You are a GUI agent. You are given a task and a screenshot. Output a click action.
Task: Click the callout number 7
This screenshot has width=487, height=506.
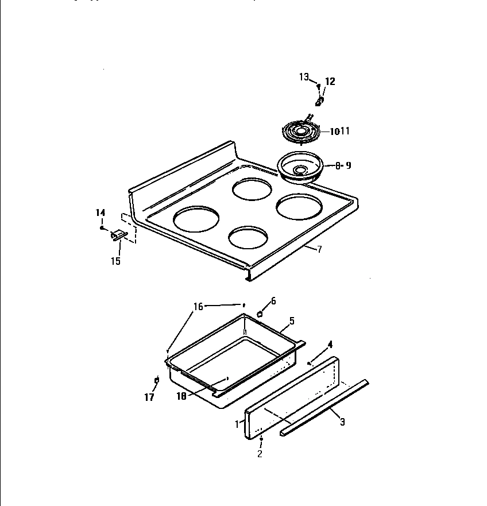[x=320, y=249]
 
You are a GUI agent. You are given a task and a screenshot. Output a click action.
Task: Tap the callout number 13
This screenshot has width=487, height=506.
[x=304, y=77]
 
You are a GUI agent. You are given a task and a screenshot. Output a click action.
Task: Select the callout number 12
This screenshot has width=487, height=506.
[x=330, y=82]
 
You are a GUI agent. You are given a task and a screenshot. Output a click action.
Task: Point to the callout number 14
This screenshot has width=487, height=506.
[x=101, y=213]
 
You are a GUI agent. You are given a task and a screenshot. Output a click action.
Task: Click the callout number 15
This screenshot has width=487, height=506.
[x=115, y=261]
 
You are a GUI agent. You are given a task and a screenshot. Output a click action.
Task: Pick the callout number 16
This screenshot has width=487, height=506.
[x=198, y=307]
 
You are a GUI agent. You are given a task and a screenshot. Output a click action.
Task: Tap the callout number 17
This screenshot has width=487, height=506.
[x=149, y=397]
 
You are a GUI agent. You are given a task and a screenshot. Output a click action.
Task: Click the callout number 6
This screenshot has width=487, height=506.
[x=273, y=300]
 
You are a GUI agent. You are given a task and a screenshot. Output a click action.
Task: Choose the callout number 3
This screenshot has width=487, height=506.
[x=342, y=423]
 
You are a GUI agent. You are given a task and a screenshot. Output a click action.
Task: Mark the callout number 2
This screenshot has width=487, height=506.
[x=260, y=454]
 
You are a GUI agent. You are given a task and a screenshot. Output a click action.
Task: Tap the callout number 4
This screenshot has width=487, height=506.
[x=330, y=345]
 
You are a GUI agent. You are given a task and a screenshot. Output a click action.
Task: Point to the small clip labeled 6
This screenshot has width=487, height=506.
[x=260, y=314]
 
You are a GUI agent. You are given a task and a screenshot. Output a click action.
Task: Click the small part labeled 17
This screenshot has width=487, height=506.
[x=157, y=380]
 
